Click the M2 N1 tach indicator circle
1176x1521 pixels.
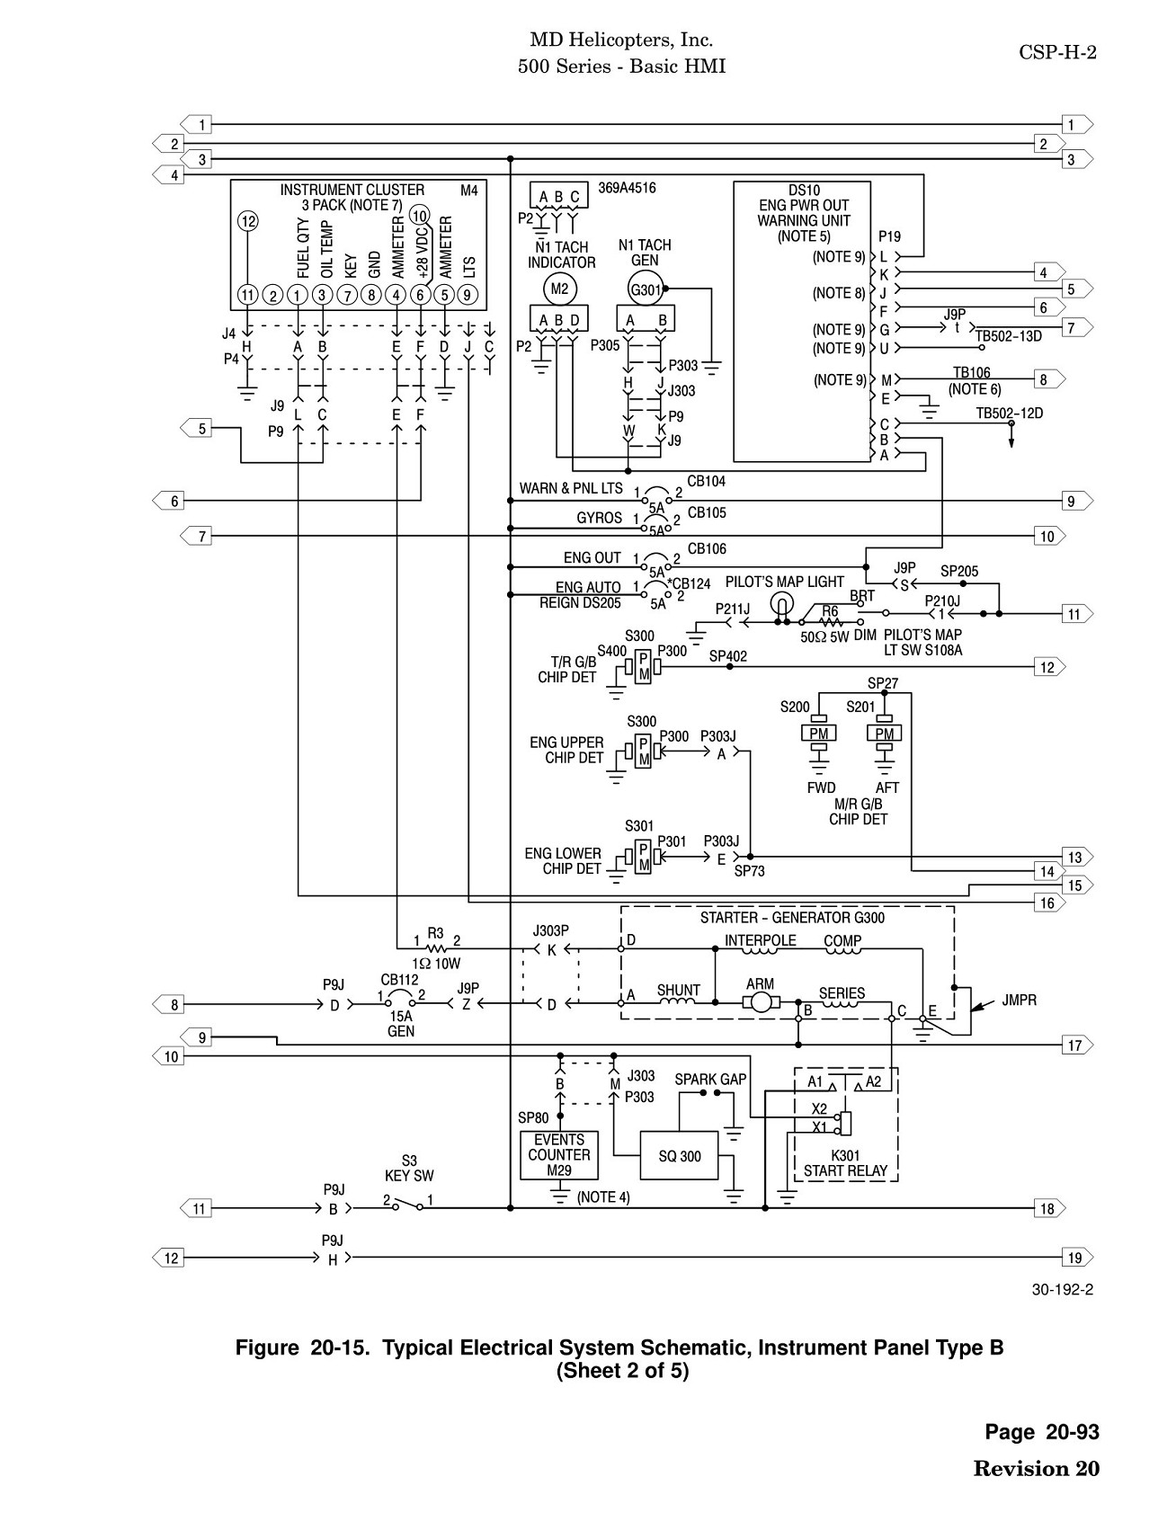[559, 289]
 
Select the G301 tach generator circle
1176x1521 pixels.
[646, 289]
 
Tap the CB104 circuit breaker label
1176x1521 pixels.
[707, 482]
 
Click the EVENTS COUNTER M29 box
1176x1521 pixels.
[559, 1155]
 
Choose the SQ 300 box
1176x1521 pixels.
[679, 1155]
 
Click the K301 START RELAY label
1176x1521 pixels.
[845, 1163]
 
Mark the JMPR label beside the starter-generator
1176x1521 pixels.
[1020, 1000]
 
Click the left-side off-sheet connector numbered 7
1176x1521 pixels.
[196, 537]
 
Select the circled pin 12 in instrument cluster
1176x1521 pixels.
[248, 222]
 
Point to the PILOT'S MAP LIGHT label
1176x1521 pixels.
[785, 583]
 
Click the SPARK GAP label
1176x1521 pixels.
[710, 1079]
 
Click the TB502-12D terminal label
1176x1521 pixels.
[1010, 414]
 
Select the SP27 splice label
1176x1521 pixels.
[883, 683]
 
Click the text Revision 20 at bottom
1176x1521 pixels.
[1036, 1468]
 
